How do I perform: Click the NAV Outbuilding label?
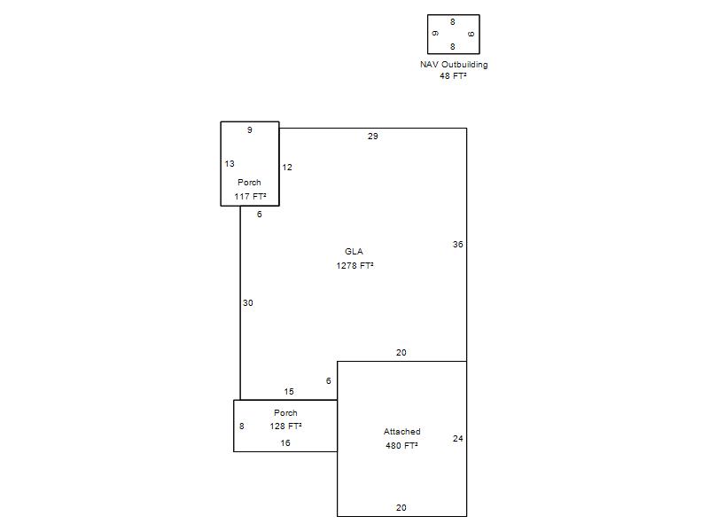coord(454,65)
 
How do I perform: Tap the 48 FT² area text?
coord(453,76)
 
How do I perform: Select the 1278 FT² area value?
coord(355,265)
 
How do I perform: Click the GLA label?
coord(354,252)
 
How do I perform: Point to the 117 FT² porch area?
coord(250,196)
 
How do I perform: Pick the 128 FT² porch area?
coord(285,426)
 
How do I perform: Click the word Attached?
coord(402,432)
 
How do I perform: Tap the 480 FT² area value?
coord(401,446)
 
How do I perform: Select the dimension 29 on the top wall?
coord(373,137)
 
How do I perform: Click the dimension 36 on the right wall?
coord(458,245)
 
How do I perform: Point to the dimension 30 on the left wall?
coord(248,303)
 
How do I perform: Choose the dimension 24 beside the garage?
coord(458,438)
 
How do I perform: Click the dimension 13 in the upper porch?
coord(230,164)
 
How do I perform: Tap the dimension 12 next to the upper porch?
coord(287,168)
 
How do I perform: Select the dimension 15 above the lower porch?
coord(289,392)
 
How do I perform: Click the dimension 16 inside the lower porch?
coord(285,443)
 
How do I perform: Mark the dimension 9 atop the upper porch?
coord(250,130)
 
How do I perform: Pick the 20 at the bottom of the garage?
coord(401,508)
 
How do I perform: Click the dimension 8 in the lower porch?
coord(242,426)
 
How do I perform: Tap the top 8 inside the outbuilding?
coord(453,21)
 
